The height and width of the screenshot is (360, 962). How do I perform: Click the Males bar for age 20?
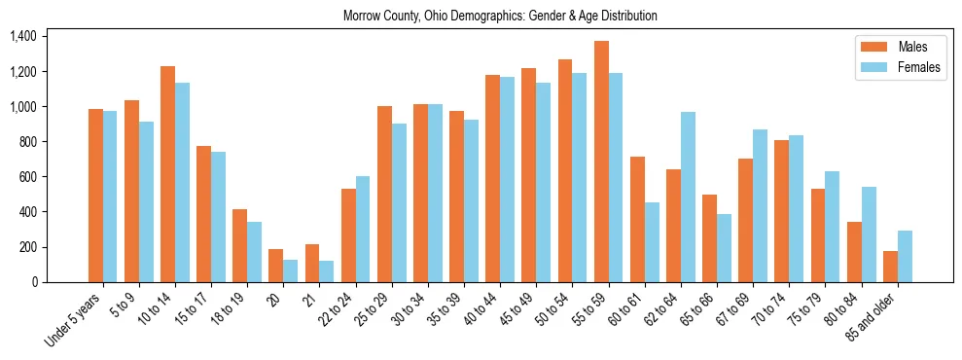pos(276,266)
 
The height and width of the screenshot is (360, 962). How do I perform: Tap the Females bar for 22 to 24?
pos(363,229)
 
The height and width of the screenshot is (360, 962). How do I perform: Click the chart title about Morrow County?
pos(500,16)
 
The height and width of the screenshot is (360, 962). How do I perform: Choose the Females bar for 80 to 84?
pos(869,234)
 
